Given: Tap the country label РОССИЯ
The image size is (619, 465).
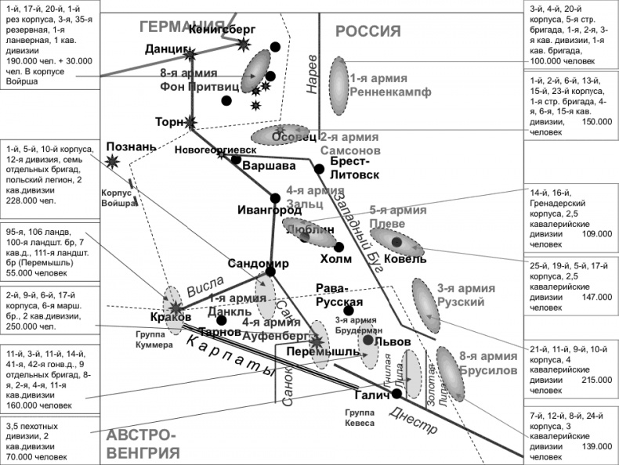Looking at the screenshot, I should (x=368, y=32).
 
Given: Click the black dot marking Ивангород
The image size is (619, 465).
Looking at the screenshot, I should (x=274, y=197).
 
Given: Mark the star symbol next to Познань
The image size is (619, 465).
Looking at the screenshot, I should (x=114, y=161).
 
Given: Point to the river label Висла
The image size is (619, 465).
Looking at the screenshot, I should (x=205, y=284).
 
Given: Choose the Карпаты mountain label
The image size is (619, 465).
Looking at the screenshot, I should (x=230, y=352).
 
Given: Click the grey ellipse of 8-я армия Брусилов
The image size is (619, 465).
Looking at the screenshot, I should (x=450, y=373).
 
